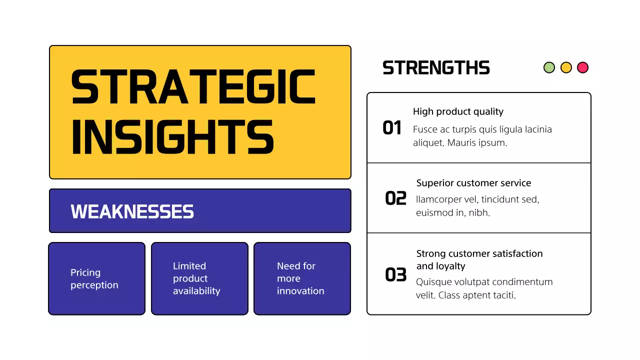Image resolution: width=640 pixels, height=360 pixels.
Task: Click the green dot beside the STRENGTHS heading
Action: click(549, 67)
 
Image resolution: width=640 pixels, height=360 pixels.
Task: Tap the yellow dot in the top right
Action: click(566, 67)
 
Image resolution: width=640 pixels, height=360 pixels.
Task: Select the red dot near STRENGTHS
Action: click(582, 67)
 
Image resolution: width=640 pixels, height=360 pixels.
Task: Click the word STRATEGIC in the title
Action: click(193, 87)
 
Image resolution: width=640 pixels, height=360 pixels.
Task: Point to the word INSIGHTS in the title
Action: click(172, 136)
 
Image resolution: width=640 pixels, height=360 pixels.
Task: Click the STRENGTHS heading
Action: click(436, 68)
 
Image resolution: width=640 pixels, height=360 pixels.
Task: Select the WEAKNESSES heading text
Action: click(132, 211)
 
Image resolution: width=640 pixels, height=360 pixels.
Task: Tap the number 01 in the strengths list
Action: click(392, 128)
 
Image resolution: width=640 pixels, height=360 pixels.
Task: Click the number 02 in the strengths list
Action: click(395, 198)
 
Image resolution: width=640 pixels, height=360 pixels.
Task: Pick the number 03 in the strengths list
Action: click(395, 274)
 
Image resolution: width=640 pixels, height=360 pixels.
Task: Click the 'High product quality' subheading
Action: click(458, 111)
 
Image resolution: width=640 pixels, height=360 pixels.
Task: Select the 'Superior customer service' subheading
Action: click(473, 183)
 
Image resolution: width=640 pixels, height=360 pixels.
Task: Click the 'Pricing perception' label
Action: click(94, 278)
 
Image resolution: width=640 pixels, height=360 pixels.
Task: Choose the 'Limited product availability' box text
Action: click(196, 278)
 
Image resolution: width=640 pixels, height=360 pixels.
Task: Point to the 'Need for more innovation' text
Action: click(300, 278)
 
